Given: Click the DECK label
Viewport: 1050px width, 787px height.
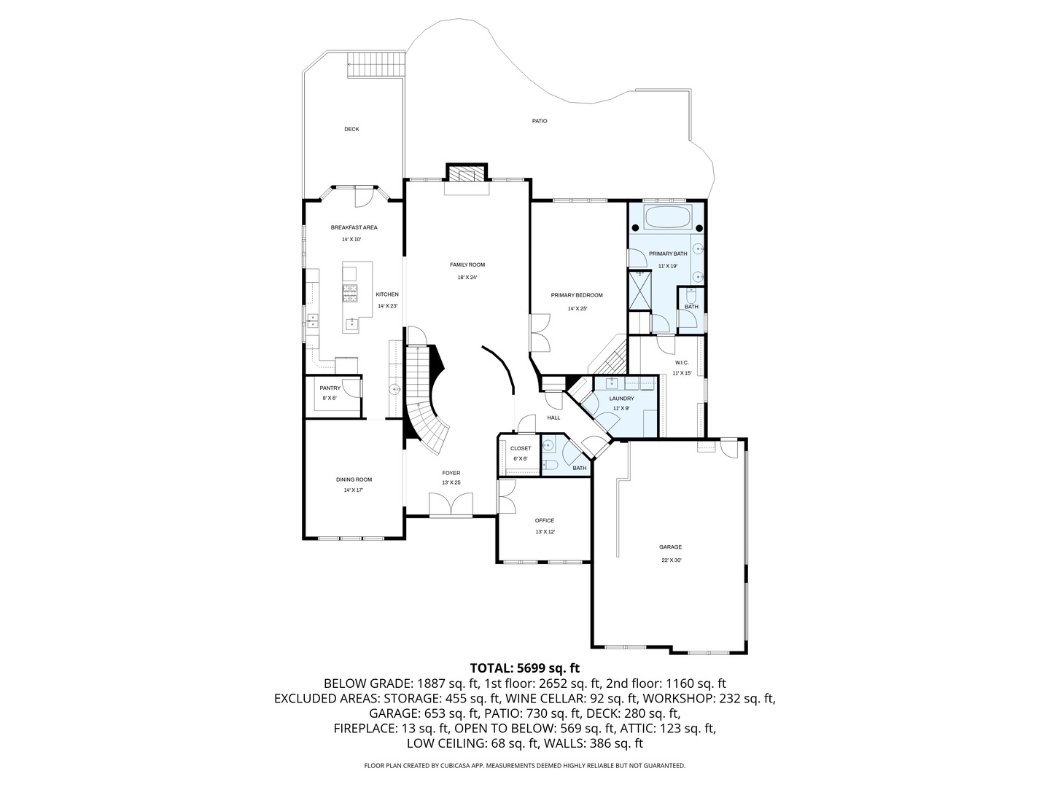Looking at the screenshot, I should pos(351,129).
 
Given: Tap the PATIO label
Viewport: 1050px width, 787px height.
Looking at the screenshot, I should pos(539,121).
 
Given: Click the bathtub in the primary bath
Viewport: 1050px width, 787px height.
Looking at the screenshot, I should pos(667,218).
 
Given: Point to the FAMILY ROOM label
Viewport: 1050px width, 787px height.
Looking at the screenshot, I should pos(467,265).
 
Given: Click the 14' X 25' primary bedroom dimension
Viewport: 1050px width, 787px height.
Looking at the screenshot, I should pos(577,308).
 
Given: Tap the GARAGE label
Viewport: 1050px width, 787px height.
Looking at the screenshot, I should pos(670,547).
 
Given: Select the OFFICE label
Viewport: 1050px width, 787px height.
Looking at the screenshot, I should pos(544,520).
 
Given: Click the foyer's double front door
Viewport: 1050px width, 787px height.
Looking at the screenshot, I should pos(451,505).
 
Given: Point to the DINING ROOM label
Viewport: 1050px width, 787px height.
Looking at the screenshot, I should pos(354,479).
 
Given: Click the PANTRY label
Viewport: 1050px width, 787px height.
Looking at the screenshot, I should pos(330,388).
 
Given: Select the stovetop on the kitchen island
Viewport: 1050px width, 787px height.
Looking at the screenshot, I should pos(351,292).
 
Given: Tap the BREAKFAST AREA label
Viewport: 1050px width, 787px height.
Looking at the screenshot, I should pos(354,227).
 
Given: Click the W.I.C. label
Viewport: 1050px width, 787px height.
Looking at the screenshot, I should pos(681,362).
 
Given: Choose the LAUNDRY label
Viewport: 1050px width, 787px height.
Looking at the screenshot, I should pos(621,399).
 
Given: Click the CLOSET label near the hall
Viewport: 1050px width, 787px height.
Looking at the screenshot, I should pos(521,448).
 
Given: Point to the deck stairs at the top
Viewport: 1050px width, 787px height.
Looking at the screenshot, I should pos(376,63).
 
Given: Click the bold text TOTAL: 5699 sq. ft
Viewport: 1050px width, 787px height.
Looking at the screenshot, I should pos(524,667).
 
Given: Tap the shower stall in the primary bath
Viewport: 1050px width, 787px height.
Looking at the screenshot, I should pos(639,290).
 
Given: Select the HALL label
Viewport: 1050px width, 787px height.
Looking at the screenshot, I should pos(553,418).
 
